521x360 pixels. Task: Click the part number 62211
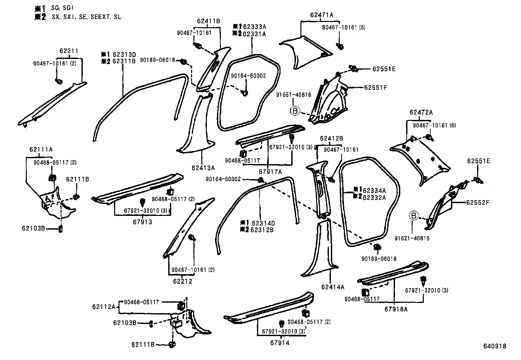69,51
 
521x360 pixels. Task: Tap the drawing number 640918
495,346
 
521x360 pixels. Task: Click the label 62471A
322,15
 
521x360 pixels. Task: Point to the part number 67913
142,222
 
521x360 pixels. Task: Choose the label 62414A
333,287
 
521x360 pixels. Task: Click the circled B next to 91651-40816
295,111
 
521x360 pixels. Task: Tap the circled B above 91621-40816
414,216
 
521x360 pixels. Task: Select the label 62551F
376,87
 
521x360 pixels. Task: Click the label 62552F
478,202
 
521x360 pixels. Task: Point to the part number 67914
280,343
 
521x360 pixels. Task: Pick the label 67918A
396,309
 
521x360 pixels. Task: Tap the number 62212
183,281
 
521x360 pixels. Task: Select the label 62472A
421,112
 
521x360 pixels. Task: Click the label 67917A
270,171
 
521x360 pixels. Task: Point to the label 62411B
208,21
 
